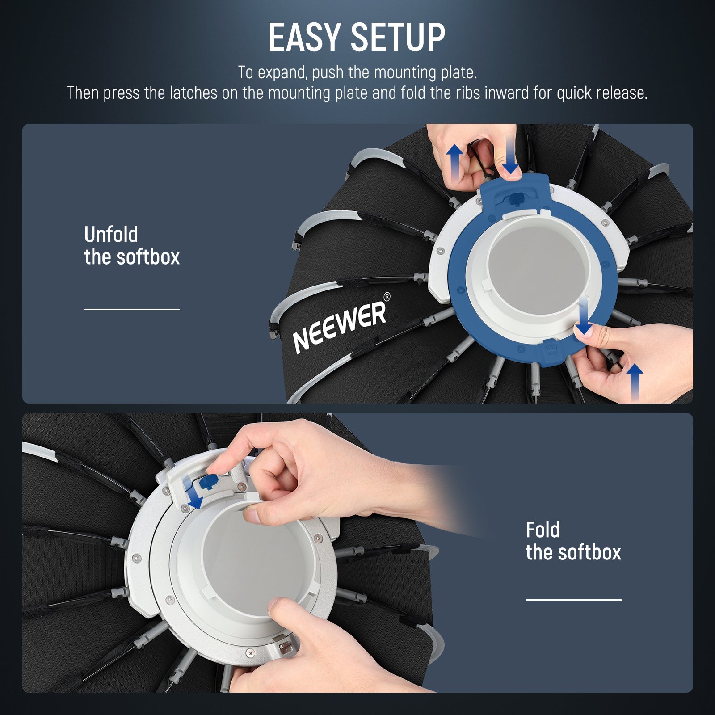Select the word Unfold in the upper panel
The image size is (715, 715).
(111, 235)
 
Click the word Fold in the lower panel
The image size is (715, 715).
(543, 530)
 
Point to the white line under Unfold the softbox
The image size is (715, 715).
(132, 309)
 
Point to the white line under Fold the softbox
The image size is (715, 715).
(573, 600)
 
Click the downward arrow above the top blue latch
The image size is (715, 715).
(510, 156)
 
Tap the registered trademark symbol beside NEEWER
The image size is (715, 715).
(387, 296)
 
